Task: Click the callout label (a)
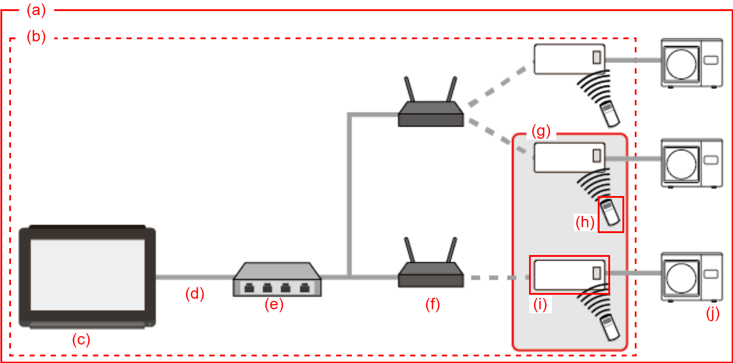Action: point(36,10)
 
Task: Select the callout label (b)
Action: point(36,37)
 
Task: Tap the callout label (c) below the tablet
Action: point(81,340)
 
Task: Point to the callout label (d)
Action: point(195,293)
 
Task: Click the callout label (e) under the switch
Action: point(274,304)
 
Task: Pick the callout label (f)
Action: point(433,304)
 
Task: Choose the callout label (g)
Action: point(541,131)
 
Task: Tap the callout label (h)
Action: point(585,222)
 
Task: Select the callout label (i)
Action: point(540,304)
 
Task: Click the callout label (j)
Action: point(713,313)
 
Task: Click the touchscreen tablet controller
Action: point(87,276)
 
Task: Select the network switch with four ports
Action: point(277,280)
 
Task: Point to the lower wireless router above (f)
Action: point(431,270)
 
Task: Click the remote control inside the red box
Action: point(611,213)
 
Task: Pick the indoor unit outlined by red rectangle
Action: point(569,274)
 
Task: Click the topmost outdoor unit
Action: point(692,63)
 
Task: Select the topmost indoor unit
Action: point(569,59)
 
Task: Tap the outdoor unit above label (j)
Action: point(692,277)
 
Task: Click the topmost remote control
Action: point(610,113)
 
